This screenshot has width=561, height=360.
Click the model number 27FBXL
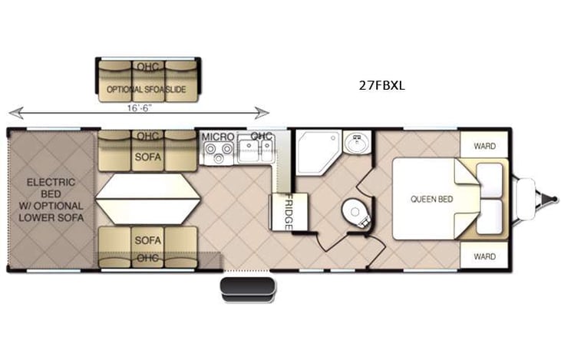pos(381,86)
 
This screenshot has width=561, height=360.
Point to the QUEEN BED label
pos(431,200)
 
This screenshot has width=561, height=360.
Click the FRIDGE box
pos(288,211)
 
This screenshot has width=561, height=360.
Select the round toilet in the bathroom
pos(355,211)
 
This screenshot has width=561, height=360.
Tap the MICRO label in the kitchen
pos(217,137)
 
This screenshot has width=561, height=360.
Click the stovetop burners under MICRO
pos(218,151)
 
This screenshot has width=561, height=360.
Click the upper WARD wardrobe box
pos(483,145)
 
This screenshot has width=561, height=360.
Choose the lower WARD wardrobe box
pos(483,256)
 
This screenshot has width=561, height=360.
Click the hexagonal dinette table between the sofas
pos(148,199)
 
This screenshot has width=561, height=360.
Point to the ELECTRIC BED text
pos(51,188)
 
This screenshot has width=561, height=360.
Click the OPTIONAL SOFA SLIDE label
pos(146,90)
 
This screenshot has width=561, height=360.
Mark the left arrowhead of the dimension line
pos(11,114)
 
